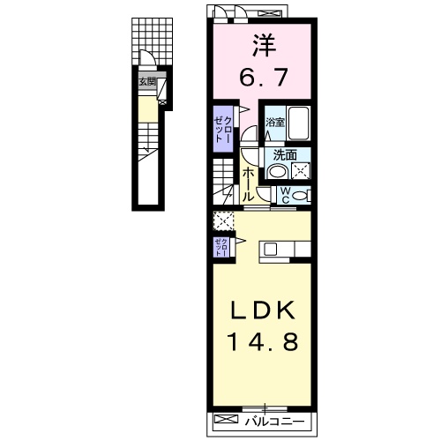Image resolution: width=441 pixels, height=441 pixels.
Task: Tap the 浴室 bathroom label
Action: pos(274,123)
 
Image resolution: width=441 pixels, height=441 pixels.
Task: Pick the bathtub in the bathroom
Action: pos(299,123)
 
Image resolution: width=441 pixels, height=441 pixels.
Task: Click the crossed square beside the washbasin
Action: pos(302,170)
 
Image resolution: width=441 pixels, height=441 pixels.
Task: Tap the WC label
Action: pos(286,196)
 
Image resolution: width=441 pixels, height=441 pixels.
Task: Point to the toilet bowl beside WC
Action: pos(302,196)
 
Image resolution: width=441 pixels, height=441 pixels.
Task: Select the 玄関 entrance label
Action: pos(146,83)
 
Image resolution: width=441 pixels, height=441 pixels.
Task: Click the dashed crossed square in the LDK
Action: pos(221,220)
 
